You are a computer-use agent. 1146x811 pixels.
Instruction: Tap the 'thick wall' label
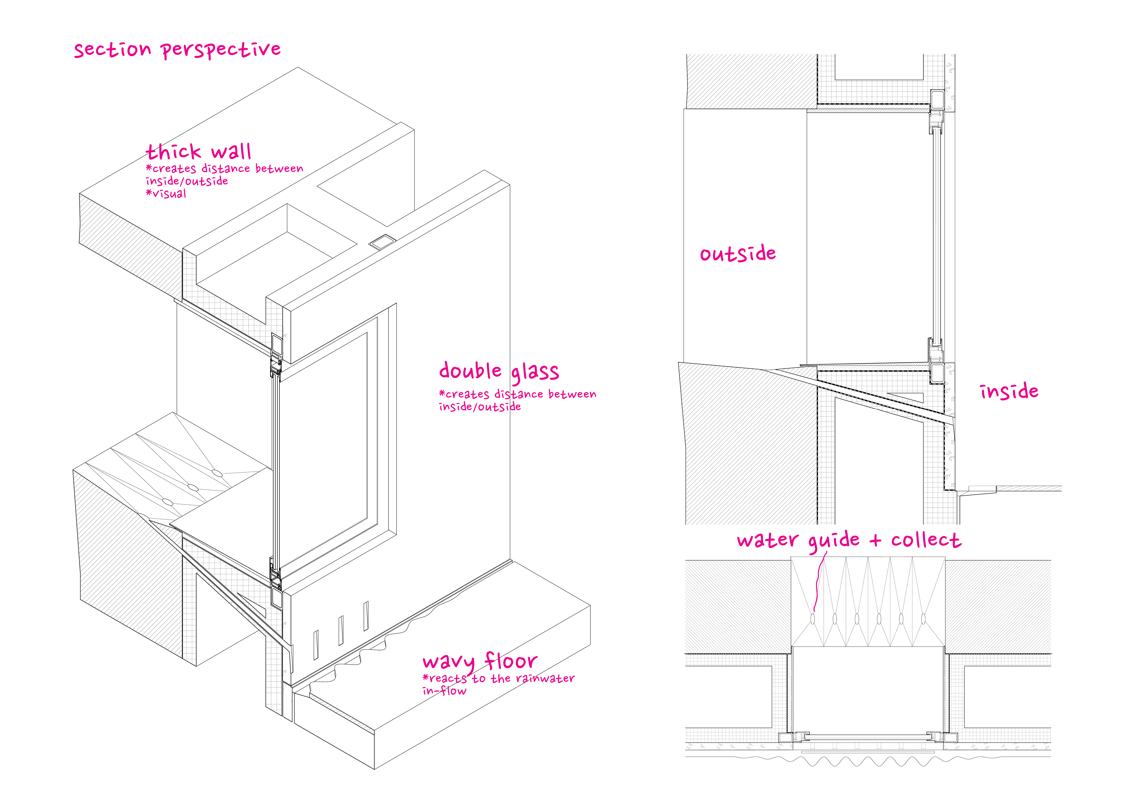pyautogui.click(x=199, y=151)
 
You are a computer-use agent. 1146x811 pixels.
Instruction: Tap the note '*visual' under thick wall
pyautogui.click(x=166, y=194)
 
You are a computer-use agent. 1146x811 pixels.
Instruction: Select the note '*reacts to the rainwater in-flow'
pyautogui.click(x=498, y=684)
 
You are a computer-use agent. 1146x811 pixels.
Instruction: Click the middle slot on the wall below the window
pyautogui.click(x=341, y=630)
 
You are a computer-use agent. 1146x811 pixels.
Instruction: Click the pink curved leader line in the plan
pyautogui.click(x=819, y=582)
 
